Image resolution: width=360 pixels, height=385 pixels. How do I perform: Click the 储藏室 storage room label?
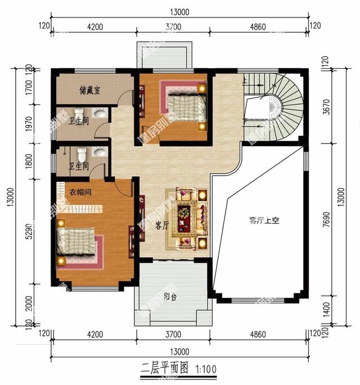(x=89, y=91)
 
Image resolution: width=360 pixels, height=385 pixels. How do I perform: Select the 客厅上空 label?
(x=264, y=221)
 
